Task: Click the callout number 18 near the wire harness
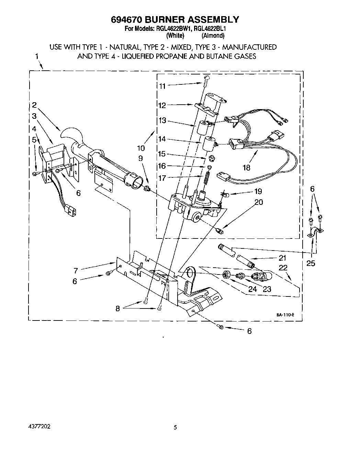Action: coord(246,167)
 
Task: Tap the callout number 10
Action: coord(141,148)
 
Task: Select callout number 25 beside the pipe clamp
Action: coord(311,263)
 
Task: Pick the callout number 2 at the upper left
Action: coord(34,105)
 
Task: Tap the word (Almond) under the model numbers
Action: coord(213,35)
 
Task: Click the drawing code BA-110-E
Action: coord(285,314)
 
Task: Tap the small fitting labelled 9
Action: coord(147,188)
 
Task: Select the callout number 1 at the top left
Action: coord(37,57)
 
